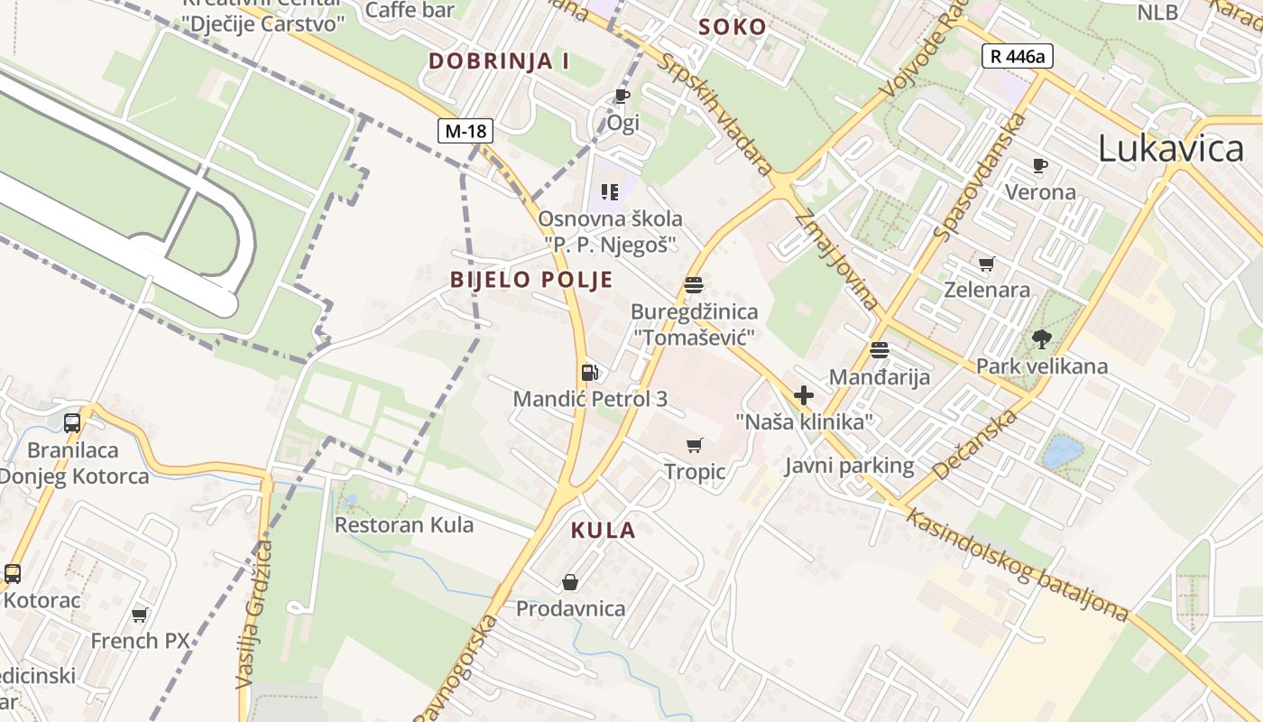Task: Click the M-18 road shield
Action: tap(466, 131)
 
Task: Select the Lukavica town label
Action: tap(1170, 149)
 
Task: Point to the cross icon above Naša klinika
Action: tap(804, 395)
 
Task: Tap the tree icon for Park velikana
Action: tap(1042, 340)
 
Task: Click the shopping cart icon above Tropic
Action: tap(694, 445)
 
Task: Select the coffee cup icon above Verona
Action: tap(1040, 166)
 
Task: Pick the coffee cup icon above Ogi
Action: tap(622, 96)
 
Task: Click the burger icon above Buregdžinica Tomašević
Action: tap(694, 286)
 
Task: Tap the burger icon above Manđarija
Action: tap(880, 350)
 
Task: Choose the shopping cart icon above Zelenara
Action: tap(986, 264)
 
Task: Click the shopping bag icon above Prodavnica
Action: tap(570, 582)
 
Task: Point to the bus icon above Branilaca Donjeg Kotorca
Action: tap(72, 422)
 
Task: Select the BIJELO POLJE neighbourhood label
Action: tap(531, 280)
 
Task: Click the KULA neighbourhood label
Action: tap(603, 531)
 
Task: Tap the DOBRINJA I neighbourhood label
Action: tap(499, 61)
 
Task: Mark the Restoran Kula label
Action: tap(404, 524)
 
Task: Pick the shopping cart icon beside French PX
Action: tap(139, 616)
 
